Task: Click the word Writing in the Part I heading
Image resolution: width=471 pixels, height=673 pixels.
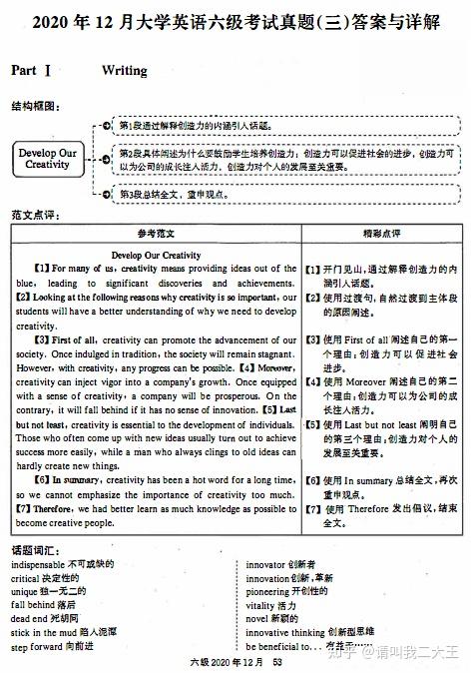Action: click(124, 71)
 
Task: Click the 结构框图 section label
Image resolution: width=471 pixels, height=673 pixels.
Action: click(34, 105)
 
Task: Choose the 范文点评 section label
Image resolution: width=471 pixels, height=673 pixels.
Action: click(34, 216)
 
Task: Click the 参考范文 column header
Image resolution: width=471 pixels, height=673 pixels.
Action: click(156, 233)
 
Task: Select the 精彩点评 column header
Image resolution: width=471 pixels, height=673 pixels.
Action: click(381, 233)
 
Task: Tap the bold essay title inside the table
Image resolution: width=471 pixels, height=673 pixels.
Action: click(156, 255)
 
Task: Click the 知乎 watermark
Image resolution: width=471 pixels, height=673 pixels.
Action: click(352, 651)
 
